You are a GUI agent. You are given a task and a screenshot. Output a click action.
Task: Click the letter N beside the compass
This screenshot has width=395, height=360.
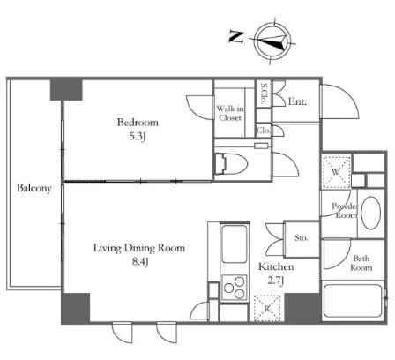click(236, 38)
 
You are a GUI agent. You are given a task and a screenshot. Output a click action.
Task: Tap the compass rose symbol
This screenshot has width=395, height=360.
click(272, 41)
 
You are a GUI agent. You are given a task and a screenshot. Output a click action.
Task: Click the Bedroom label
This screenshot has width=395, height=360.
click(138, 122)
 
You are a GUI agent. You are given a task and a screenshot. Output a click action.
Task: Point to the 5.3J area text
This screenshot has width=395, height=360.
click(138, 137)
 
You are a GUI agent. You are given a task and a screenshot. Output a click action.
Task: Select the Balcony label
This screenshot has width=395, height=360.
click(34, 188)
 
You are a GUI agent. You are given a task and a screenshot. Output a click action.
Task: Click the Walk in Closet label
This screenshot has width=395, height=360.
click(230, 113)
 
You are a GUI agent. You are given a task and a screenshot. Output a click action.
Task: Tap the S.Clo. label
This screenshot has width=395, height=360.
click(264, 94)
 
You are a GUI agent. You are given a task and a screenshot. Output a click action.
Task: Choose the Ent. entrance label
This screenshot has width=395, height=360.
click(297, 101)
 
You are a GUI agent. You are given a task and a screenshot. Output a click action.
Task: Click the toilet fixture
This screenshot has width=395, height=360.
click(231, 163)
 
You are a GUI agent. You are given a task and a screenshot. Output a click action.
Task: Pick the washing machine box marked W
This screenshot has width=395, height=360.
click(337, 171)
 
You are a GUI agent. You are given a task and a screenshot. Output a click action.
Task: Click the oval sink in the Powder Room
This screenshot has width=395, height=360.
click(370, 213)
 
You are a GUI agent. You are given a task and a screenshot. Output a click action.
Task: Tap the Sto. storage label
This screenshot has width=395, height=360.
click(302, 237)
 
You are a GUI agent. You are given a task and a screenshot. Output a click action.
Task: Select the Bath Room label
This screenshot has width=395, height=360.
click(361, 263)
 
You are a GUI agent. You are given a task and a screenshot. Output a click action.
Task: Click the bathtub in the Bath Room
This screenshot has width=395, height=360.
click(353, 301)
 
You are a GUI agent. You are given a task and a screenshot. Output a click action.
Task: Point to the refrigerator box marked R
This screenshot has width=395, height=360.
click(267, 308)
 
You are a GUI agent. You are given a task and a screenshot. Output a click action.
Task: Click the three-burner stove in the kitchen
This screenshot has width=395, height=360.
click(235, 288)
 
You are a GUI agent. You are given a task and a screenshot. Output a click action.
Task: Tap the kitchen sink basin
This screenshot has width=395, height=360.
click(235, 244)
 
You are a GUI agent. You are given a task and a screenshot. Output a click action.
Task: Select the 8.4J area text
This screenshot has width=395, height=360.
click(139, 261)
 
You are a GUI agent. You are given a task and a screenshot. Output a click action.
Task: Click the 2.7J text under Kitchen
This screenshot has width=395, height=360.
click(275, 281)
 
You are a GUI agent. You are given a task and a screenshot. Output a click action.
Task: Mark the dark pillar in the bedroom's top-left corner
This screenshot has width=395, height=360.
click(66, 89)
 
